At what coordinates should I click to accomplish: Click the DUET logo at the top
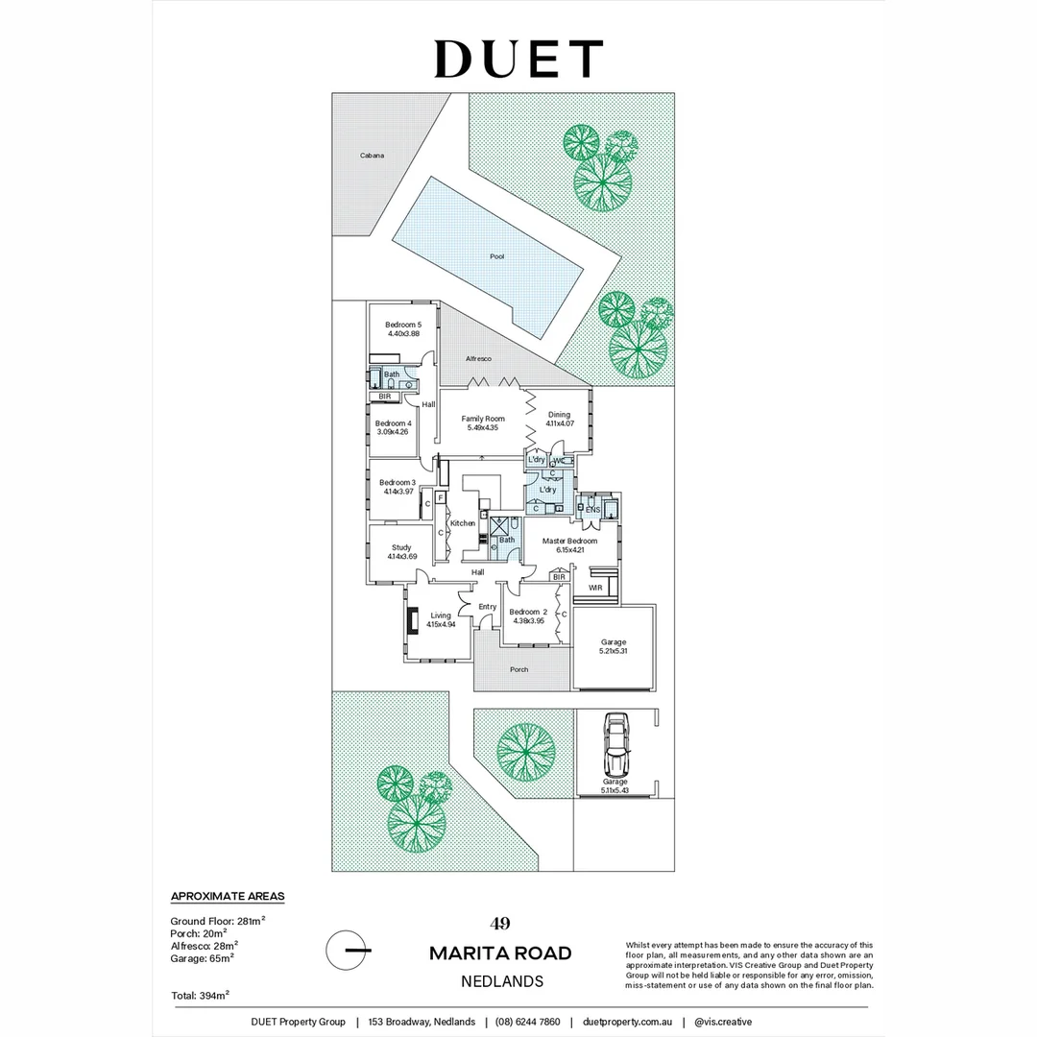click(518, 60)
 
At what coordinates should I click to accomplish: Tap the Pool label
click(496, 256)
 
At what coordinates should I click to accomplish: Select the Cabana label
click(372, 155)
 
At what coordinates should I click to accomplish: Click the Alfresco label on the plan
click(478, 358)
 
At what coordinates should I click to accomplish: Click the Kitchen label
click(463, 523)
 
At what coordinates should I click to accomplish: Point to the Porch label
click(518, 669)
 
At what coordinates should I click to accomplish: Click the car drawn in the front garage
click(615, 745)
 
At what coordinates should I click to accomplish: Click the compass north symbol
click(348, 951)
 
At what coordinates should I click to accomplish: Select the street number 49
click(499, 924)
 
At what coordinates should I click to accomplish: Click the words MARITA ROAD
click(499, 953)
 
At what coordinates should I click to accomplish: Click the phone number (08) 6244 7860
click(527, 1022)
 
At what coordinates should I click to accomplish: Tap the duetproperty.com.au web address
click(627, 1022)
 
